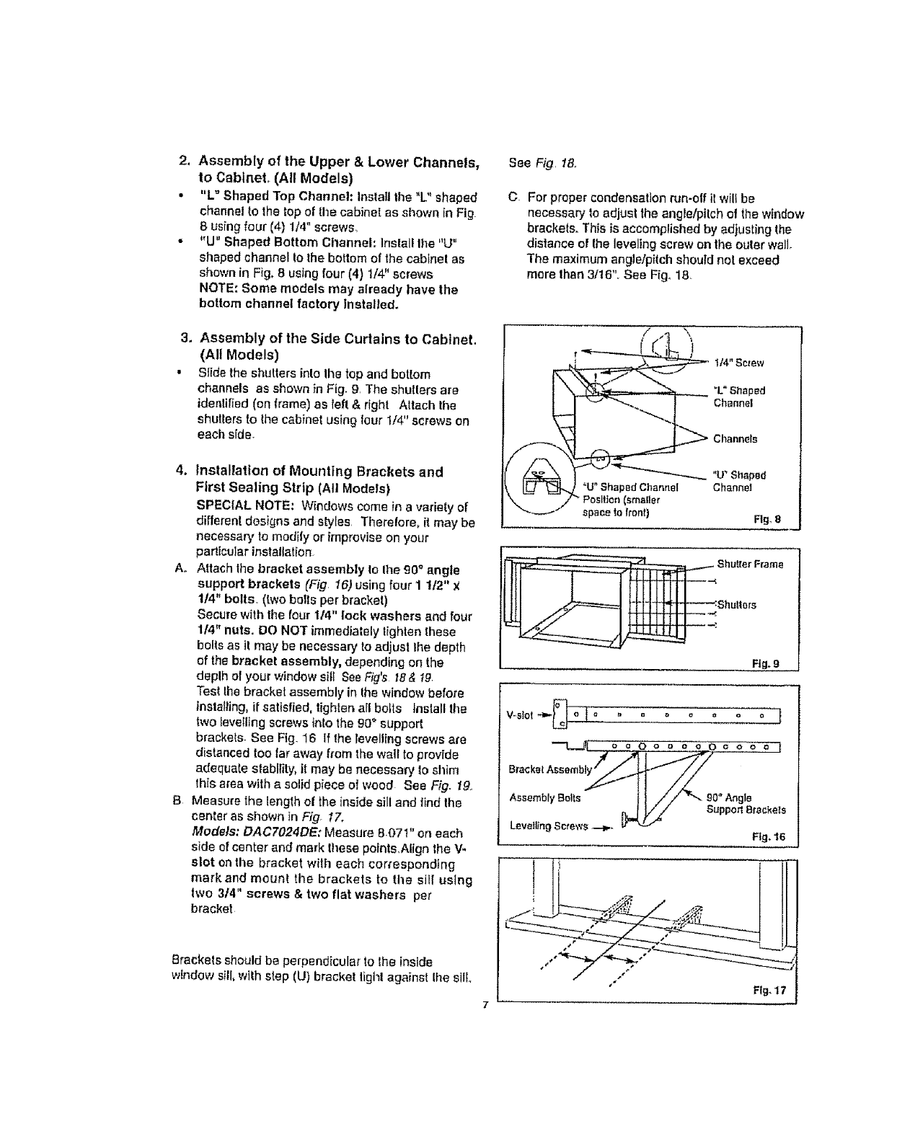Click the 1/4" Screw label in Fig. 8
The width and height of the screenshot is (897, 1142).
[739, 362]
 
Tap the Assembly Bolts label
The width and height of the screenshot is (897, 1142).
[544, 797]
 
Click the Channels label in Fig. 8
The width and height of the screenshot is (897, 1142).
[735, 439]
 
